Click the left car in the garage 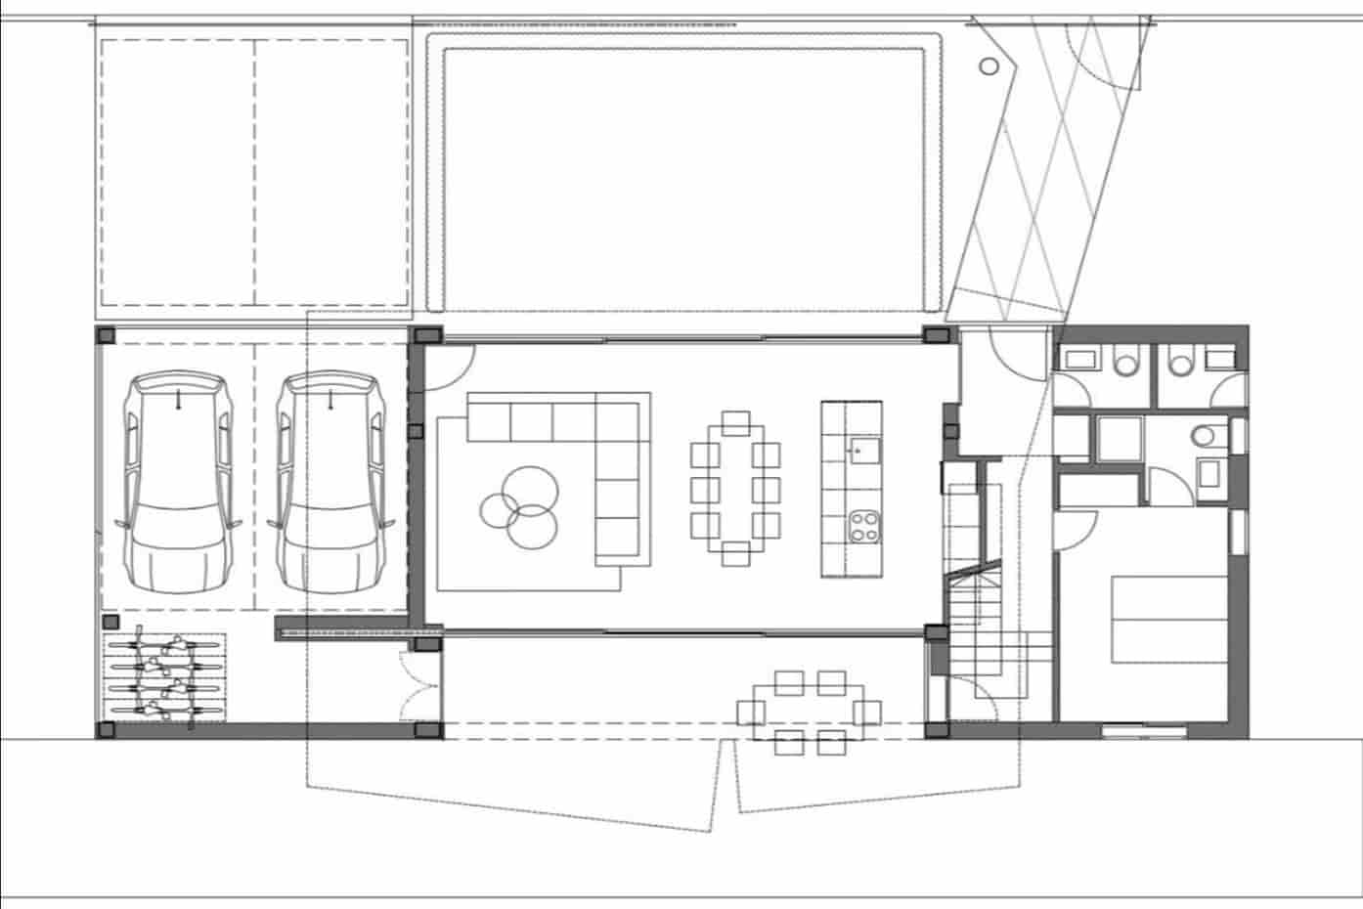click(178, 483)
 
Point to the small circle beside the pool click(989, 66)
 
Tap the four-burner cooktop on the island click(863, 526)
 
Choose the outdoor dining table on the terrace click(810, 712)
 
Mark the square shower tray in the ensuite click(1119, 439)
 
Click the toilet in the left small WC click(1127, 364)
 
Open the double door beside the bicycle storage click(419, 684)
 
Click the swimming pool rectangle click(684, 176)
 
